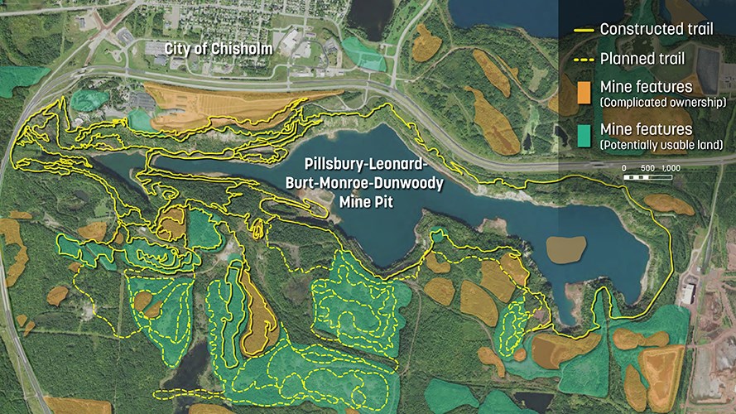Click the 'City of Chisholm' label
coord(218,49)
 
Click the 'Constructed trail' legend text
coord(657,30)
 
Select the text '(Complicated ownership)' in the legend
coord(664,103)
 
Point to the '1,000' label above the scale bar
coord(671,168)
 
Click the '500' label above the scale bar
coord(647,168)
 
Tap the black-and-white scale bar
coord(651,176)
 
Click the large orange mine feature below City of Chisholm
coord(207,104)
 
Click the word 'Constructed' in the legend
coord(638,30)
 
